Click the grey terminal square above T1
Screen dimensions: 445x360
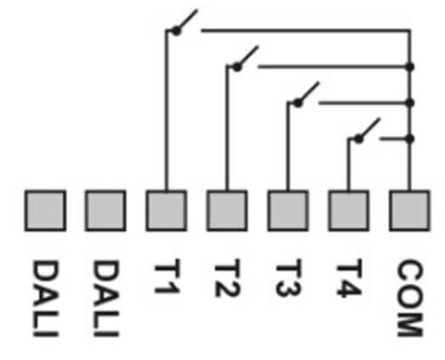pos(166,211)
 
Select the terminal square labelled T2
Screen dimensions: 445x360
pos(227,211)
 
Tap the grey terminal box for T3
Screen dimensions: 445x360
pos(288,211)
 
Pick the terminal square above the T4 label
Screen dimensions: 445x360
pos(349,211)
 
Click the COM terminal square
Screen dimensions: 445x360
pos(409,211)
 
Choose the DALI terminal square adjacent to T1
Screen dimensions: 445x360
pos(105,211)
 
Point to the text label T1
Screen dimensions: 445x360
pos(166,276)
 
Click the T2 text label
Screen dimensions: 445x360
pos(228,278)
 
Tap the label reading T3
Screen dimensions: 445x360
pos(289,278)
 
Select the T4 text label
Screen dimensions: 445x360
pos(349,278)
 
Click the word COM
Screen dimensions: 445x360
pos(410,298)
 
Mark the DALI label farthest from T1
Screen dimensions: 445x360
pos(46,298)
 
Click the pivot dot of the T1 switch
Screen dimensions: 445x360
pos(177,31)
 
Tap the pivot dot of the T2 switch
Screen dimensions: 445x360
pos(237,67)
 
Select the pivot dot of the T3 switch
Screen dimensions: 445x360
pos(298,103)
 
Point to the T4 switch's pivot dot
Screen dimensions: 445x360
pos(358,139)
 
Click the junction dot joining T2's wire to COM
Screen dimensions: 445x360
pos(409,67)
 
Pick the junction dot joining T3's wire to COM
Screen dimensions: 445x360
pos(409,103)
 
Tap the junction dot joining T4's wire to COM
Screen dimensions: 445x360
pos(409,139)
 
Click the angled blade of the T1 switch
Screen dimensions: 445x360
pos(187,20)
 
